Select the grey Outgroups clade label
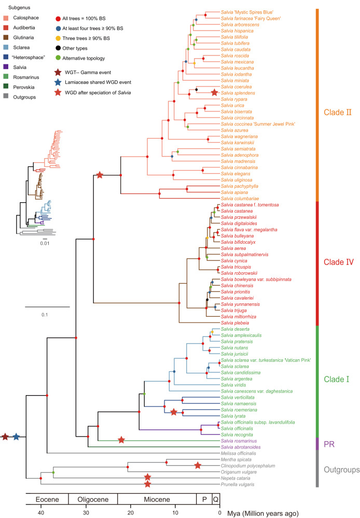[340, 470]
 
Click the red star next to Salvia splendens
[214, 92]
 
